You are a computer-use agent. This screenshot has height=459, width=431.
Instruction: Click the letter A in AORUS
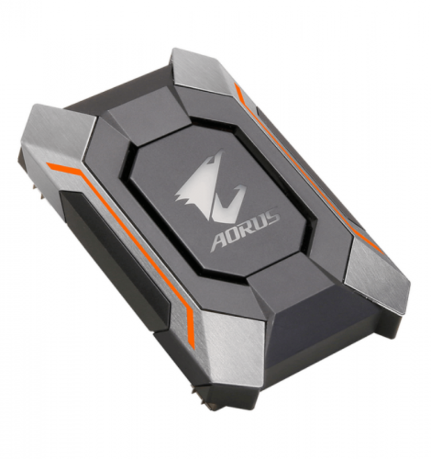[x=221, y=238]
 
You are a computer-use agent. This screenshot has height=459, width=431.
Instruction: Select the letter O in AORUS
[x=235, y=232]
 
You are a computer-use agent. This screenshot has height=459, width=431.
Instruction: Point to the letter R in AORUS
[x=248, y=226]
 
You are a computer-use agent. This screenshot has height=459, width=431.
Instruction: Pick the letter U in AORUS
[x=260, y=221]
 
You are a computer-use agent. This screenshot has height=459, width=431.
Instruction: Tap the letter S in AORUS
[x=273, y=216]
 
